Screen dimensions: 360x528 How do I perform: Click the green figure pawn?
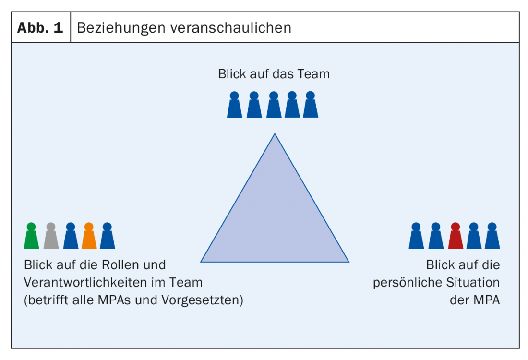(31, 236)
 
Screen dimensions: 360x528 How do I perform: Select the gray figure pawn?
(51, 236)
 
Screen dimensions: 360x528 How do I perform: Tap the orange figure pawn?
(89, 236)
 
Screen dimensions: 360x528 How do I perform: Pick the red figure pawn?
(456, 236)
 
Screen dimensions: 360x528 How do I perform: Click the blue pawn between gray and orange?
(70, 236)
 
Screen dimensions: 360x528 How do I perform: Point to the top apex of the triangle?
(275, 134)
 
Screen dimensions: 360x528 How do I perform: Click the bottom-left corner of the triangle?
(201, 262)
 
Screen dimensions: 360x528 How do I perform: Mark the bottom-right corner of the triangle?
(348, 262)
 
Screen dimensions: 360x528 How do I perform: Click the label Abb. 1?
(40, 27)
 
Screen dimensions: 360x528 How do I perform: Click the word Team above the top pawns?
(313, 74)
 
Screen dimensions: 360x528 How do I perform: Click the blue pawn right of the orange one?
(108, 236)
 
